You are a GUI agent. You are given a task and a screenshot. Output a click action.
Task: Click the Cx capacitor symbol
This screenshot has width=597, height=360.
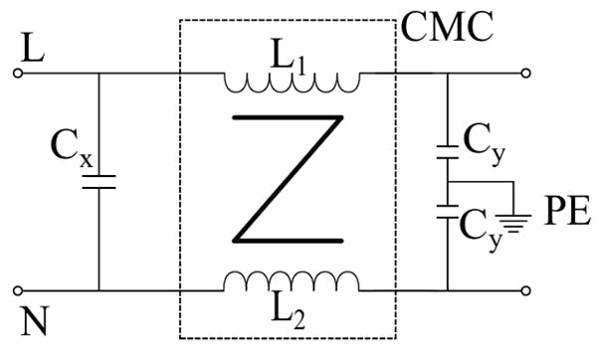click(99, 181)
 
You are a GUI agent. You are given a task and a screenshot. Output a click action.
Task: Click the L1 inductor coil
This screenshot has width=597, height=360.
click(292, 80)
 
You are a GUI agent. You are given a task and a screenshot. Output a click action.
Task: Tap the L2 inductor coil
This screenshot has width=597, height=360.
click(292, 282)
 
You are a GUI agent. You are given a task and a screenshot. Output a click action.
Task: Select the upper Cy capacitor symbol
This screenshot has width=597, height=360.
click(448, 152)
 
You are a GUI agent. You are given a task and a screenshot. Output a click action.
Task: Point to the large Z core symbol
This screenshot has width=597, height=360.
click(289, 179)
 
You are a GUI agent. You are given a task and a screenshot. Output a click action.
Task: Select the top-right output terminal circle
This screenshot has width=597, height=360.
click(526, 73)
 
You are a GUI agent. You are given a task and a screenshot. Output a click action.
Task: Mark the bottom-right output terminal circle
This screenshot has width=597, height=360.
click(526, 290)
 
